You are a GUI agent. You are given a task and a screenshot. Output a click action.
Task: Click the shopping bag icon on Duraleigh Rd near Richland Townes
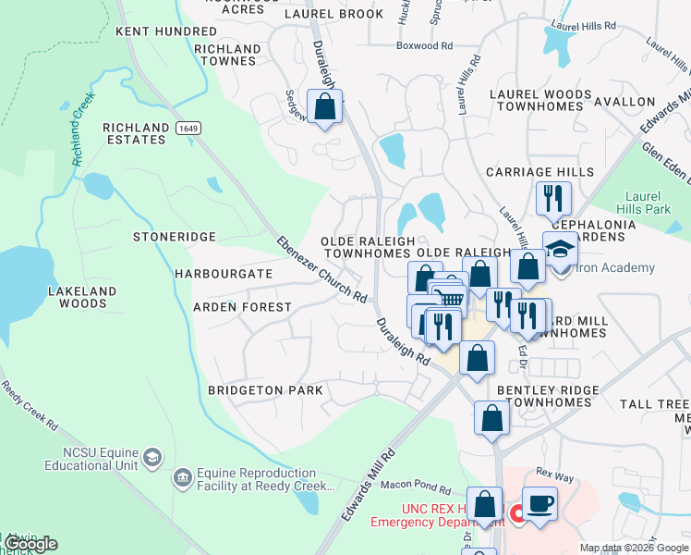tap(324, 106)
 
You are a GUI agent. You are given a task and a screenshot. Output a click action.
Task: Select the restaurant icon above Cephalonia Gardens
tap(553, 198)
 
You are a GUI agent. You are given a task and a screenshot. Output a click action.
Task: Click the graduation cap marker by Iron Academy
tap(560, 249)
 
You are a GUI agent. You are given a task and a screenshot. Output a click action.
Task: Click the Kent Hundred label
tap(166, 31)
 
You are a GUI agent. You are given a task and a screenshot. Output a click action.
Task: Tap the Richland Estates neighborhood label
tap(136, 133)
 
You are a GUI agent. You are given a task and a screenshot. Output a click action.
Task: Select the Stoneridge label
tap(174, 238)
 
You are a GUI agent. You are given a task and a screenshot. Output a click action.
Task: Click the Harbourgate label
tap(223, 275)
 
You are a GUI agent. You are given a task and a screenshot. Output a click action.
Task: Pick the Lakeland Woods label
tap(82, 297)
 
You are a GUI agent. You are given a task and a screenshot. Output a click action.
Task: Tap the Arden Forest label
tap(242, 307)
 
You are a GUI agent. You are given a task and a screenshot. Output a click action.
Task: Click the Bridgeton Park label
tap(265, 390)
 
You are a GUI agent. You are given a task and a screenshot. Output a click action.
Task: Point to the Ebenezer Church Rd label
tap(322, 270)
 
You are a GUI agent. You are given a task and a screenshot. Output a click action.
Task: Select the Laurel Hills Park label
tap(652, 203)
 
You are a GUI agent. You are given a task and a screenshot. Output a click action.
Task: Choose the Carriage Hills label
tap(539, 173)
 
